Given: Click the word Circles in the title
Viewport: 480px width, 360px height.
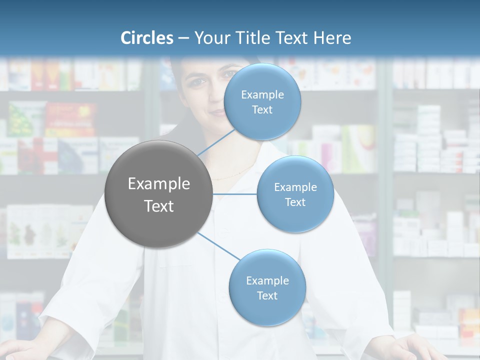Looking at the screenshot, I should (x=147, y=38).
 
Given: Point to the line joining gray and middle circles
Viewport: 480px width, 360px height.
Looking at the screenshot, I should (x=235, y=194).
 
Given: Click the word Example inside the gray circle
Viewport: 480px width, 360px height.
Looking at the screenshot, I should (x=159, y=184).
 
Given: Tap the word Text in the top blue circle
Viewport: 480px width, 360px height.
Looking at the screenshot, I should (x=262, y=110).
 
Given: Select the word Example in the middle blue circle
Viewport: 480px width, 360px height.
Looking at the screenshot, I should (x=295, y=187).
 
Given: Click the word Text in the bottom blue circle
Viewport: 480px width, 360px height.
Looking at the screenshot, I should (x=267, y=295).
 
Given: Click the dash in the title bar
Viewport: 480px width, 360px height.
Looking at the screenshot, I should (x=183, y=38).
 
